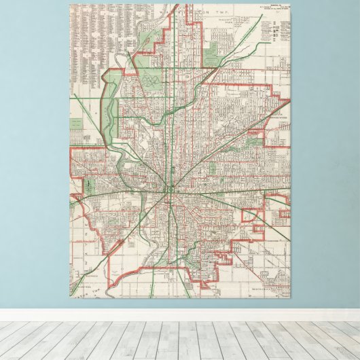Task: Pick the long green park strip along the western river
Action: click(x=107, y=109)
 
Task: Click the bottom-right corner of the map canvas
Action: click(x=290, y=297)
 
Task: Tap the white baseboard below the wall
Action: click(x=180, y=315)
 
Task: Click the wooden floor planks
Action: click(x=180, y=340)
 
